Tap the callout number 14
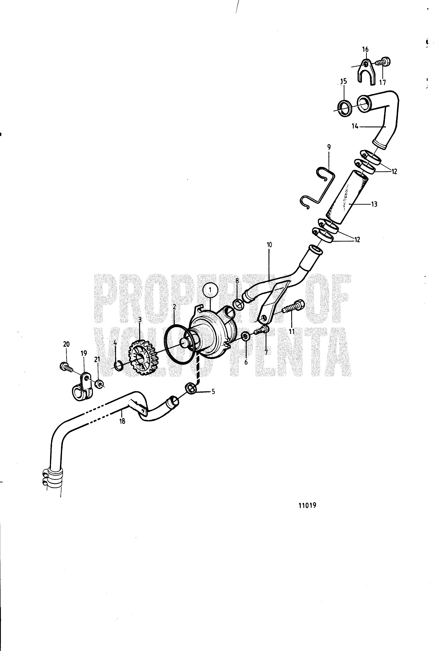pyautogui.click(x=355, y=126)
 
